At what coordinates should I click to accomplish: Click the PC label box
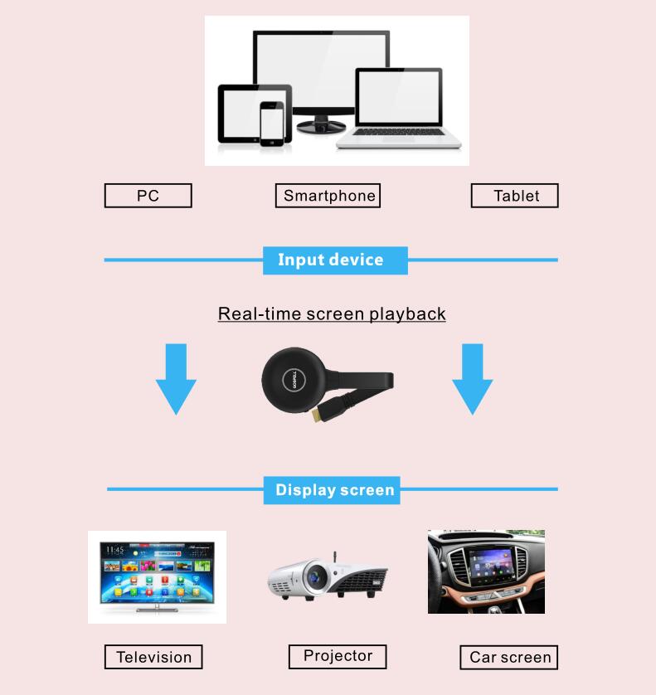148,196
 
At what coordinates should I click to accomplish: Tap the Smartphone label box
328,196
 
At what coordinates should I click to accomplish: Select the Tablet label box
514,196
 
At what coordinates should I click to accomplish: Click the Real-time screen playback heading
332,314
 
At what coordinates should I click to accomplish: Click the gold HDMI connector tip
317,416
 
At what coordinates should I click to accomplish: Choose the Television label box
153,658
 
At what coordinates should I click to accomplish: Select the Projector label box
338,656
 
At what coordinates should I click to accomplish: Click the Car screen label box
508,658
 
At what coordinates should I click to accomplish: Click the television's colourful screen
157,573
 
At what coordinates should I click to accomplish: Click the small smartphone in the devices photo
272,124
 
